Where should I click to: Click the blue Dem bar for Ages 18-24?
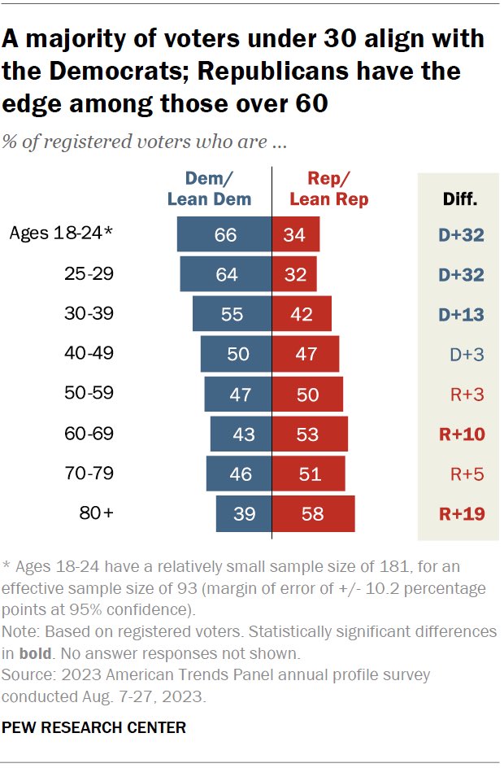tap(224, 235)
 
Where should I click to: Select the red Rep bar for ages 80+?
tap(314, 513)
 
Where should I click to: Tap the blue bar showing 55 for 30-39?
tap(232, 314)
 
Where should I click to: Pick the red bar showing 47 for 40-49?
tap(306, 354)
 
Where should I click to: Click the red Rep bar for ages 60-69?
tap(310, 434)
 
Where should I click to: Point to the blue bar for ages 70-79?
tap(239, 473)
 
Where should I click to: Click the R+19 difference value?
tap(461, 513)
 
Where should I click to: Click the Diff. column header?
tap(460, 198)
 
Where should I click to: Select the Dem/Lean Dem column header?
tap(209, 189)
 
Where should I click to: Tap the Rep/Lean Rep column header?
tap(328, 189)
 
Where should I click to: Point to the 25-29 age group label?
tap(89, 275)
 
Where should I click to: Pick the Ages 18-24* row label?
tap(61, 234)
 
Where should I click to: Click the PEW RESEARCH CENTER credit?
tap(94, 727)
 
